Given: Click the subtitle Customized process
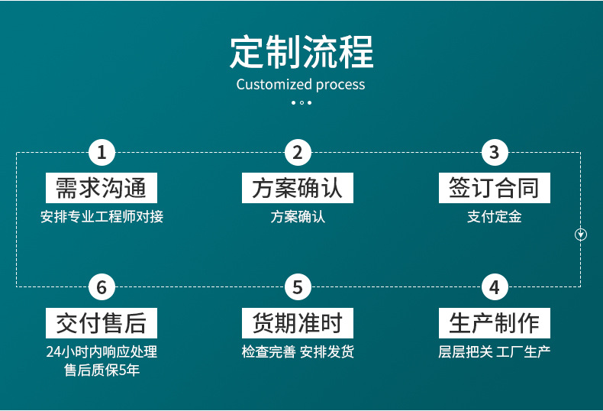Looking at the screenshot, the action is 301,84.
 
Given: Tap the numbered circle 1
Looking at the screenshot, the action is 102,153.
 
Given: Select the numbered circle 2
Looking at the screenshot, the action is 298,153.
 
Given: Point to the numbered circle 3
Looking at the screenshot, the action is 494,153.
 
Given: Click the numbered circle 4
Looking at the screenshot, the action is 494,288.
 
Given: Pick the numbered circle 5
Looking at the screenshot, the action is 298,288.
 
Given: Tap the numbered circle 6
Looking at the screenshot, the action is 102,288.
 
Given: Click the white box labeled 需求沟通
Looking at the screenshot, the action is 102,188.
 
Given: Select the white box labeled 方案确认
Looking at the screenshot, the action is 298,188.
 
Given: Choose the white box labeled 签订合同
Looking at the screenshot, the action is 494,188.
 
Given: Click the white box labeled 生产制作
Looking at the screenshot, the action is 494,323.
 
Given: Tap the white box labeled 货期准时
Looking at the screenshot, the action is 298,323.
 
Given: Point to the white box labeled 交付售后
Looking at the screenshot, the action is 102,323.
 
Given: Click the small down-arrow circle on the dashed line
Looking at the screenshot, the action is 581,235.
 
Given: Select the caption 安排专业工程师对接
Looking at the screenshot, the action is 102,217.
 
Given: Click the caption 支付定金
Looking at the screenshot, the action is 494,217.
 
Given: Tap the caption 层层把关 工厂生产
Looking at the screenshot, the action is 494,352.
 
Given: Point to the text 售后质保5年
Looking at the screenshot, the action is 102,371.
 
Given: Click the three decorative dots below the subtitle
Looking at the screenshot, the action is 301,102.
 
